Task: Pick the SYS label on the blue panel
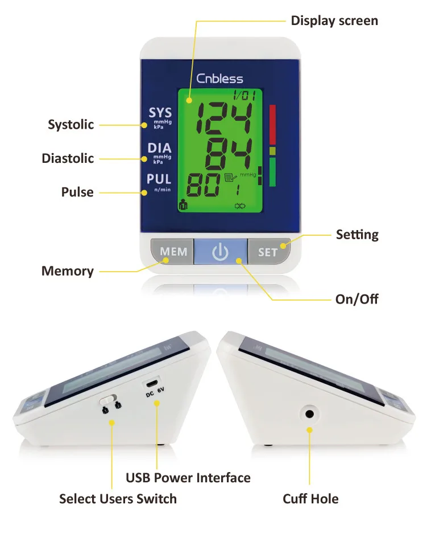160,113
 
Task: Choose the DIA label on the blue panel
159,149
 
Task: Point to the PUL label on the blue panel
159,179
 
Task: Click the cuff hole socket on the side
310,414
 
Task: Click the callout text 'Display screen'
334,21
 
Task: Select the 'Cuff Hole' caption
310,499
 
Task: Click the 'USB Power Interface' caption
188,478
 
